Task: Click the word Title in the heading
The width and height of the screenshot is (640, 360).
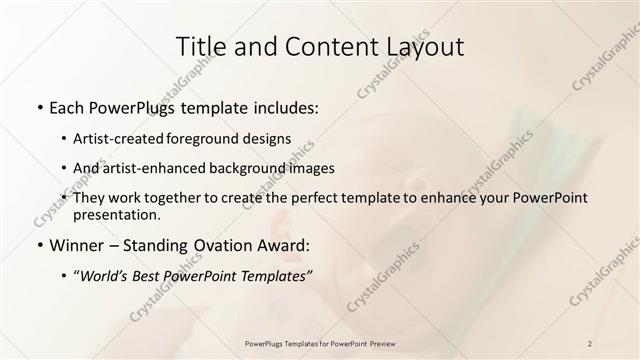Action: click(200, 46)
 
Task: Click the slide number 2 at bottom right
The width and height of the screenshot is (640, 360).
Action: click(590, 343)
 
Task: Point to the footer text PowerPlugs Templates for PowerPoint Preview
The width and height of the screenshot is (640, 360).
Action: click(320, 343)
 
